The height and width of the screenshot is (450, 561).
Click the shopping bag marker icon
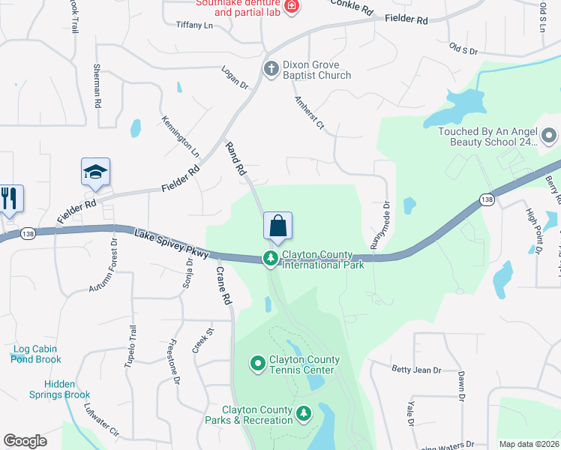coord(277,226)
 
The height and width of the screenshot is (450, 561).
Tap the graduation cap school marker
coord(96,172)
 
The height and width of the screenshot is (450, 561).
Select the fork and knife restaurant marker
coord(9,198)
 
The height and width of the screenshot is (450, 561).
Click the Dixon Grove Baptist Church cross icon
coord(270,69)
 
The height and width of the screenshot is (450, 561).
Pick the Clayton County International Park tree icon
coord(270,259)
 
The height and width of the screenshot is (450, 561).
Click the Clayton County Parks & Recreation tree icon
coord(304,413)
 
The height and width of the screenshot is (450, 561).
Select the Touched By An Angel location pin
coord(549,136)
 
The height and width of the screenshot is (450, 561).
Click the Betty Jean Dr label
coord(417,370)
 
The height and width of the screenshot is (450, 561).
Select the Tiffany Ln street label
coord(194,25)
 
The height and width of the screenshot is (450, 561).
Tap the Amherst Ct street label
coord(309,113)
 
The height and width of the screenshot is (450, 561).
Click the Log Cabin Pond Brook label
coord(36,354)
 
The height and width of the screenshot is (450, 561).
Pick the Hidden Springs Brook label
coord(60,389)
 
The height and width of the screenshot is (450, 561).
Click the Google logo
coord(25,440)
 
